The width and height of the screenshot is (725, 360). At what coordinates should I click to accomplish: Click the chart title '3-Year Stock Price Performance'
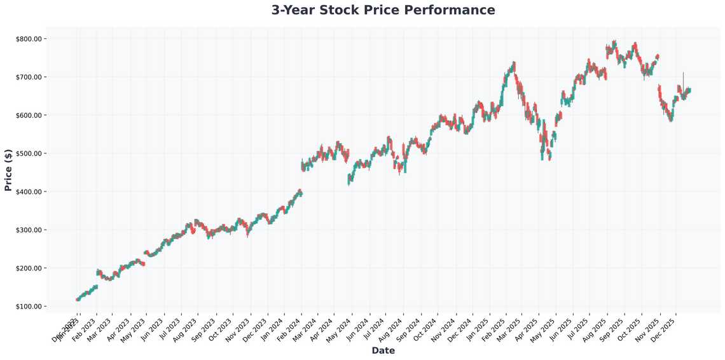[383, 10]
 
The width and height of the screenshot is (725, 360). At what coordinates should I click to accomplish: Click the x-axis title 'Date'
[383, 350]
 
